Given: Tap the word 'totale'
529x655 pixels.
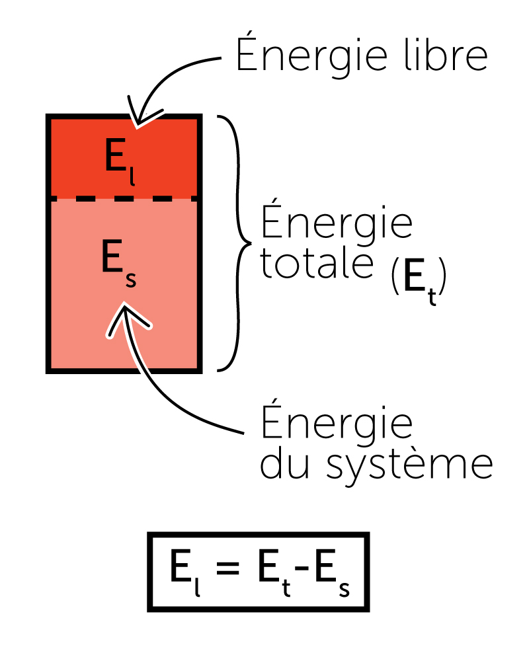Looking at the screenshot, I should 315,264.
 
